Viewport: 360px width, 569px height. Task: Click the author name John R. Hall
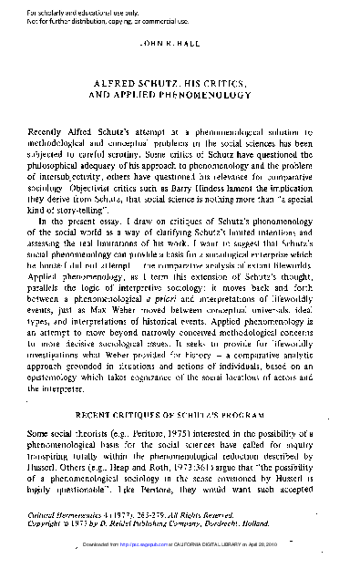click(179, 42)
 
